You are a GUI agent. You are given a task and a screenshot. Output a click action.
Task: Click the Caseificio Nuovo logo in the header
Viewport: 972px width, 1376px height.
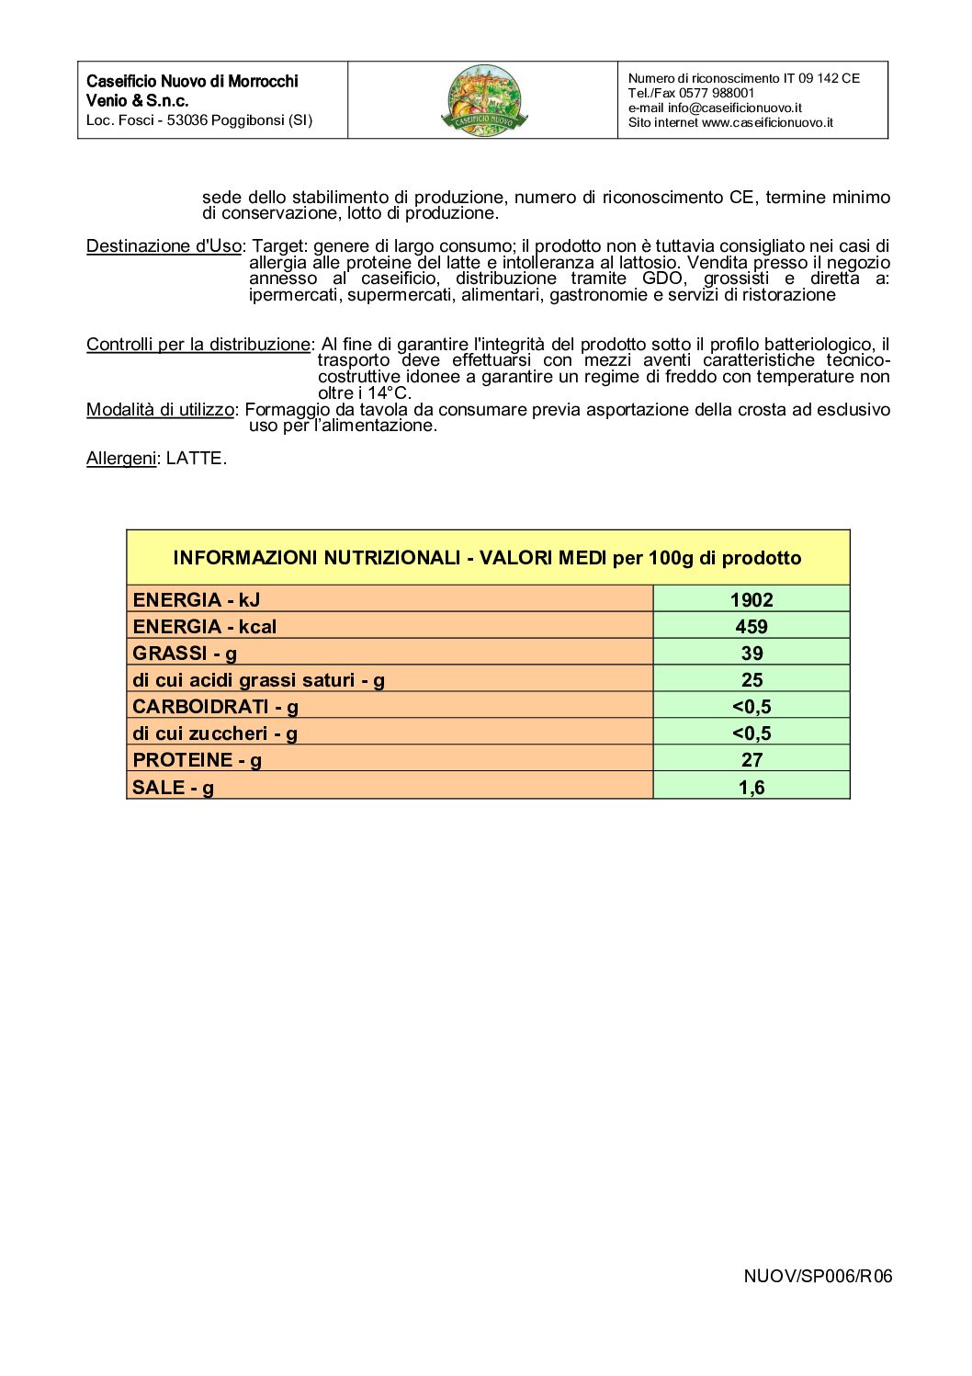[486, 100]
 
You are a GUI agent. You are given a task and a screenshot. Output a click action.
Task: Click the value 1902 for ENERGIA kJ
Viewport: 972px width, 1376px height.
[752, 600]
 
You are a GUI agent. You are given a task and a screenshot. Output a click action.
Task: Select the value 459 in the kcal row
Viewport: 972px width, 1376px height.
[752, 627]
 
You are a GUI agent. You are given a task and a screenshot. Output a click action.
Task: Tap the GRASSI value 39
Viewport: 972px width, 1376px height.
[752, 654]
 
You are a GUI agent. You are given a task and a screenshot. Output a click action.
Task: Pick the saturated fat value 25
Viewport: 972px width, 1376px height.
[752, 680]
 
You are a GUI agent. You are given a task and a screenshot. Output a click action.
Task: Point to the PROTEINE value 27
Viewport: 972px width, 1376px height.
[752, 760]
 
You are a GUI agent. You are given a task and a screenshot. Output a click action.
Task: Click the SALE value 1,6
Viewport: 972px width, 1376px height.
[752, 787]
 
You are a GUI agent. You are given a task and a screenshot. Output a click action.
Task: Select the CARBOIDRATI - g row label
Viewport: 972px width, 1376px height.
[215, 707]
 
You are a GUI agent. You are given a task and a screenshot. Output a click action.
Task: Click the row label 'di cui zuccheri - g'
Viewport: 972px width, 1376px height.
[215, 733]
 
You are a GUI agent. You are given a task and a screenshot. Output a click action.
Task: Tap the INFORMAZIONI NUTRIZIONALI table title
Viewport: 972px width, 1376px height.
[487, 558]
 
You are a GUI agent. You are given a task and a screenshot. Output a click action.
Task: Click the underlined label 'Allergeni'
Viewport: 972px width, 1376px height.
[121, 458]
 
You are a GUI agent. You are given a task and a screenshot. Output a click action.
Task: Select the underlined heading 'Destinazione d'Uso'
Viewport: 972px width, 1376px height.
[164, 246]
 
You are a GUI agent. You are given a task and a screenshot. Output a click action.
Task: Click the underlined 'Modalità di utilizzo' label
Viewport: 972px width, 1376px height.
[160, 410]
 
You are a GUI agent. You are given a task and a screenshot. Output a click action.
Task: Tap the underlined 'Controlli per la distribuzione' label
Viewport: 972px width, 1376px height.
[198, 345]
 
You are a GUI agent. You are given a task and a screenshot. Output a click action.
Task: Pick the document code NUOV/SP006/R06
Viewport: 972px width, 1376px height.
[818, 1276]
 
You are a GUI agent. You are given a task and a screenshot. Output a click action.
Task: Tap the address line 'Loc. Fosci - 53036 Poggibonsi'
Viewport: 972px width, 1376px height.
[199, 120]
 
